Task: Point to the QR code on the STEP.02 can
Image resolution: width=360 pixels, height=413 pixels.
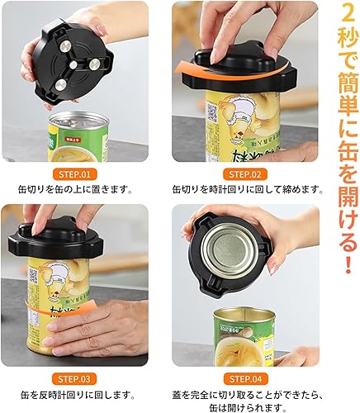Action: coord(211,112)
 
